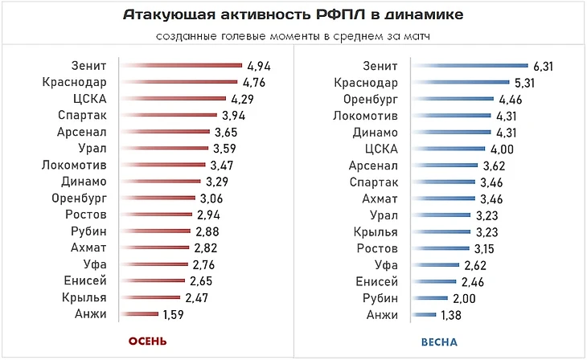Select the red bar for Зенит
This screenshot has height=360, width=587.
pos(181,66)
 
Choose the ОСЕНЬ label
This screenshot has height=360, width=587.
pos(146,341)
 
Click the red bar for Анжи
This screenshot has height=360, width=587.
pos(138,315)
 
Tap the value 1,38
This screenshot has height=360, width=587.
pos(452,315)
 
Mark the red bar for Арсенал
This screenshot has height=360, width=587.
pos(164,133)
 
